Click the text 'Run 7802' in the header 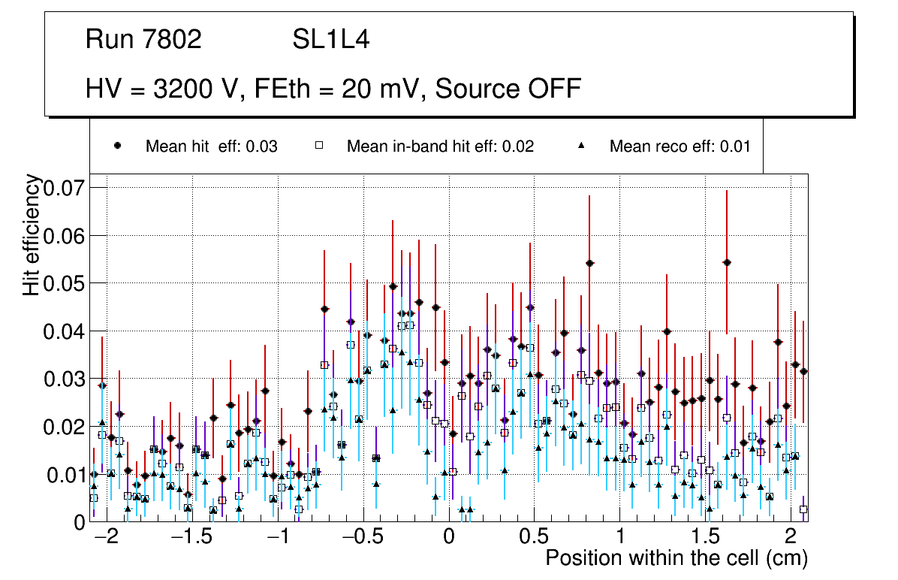click(143, 40)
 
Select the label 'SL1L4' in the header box click(331, 40)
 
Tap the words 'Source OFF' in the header click(508, 89)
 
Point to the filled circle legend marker click(117, 147)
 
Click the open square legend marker click(318, 147)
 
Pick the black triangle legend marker click(581, 147)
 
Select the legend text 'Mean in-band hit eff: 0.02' click(440, 147)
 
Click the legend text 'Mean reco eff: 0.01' click(680, 147)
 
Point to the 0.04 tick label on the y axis click(65, 331)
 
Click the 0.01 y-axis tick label click(65, 475)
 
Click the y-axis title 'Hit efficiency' click(32, 234)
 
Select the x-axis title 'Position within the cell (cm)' click(676, 559)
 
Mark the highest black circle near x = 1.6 click(727, 262)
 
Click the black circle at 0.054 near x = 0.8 click(589, 263)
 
